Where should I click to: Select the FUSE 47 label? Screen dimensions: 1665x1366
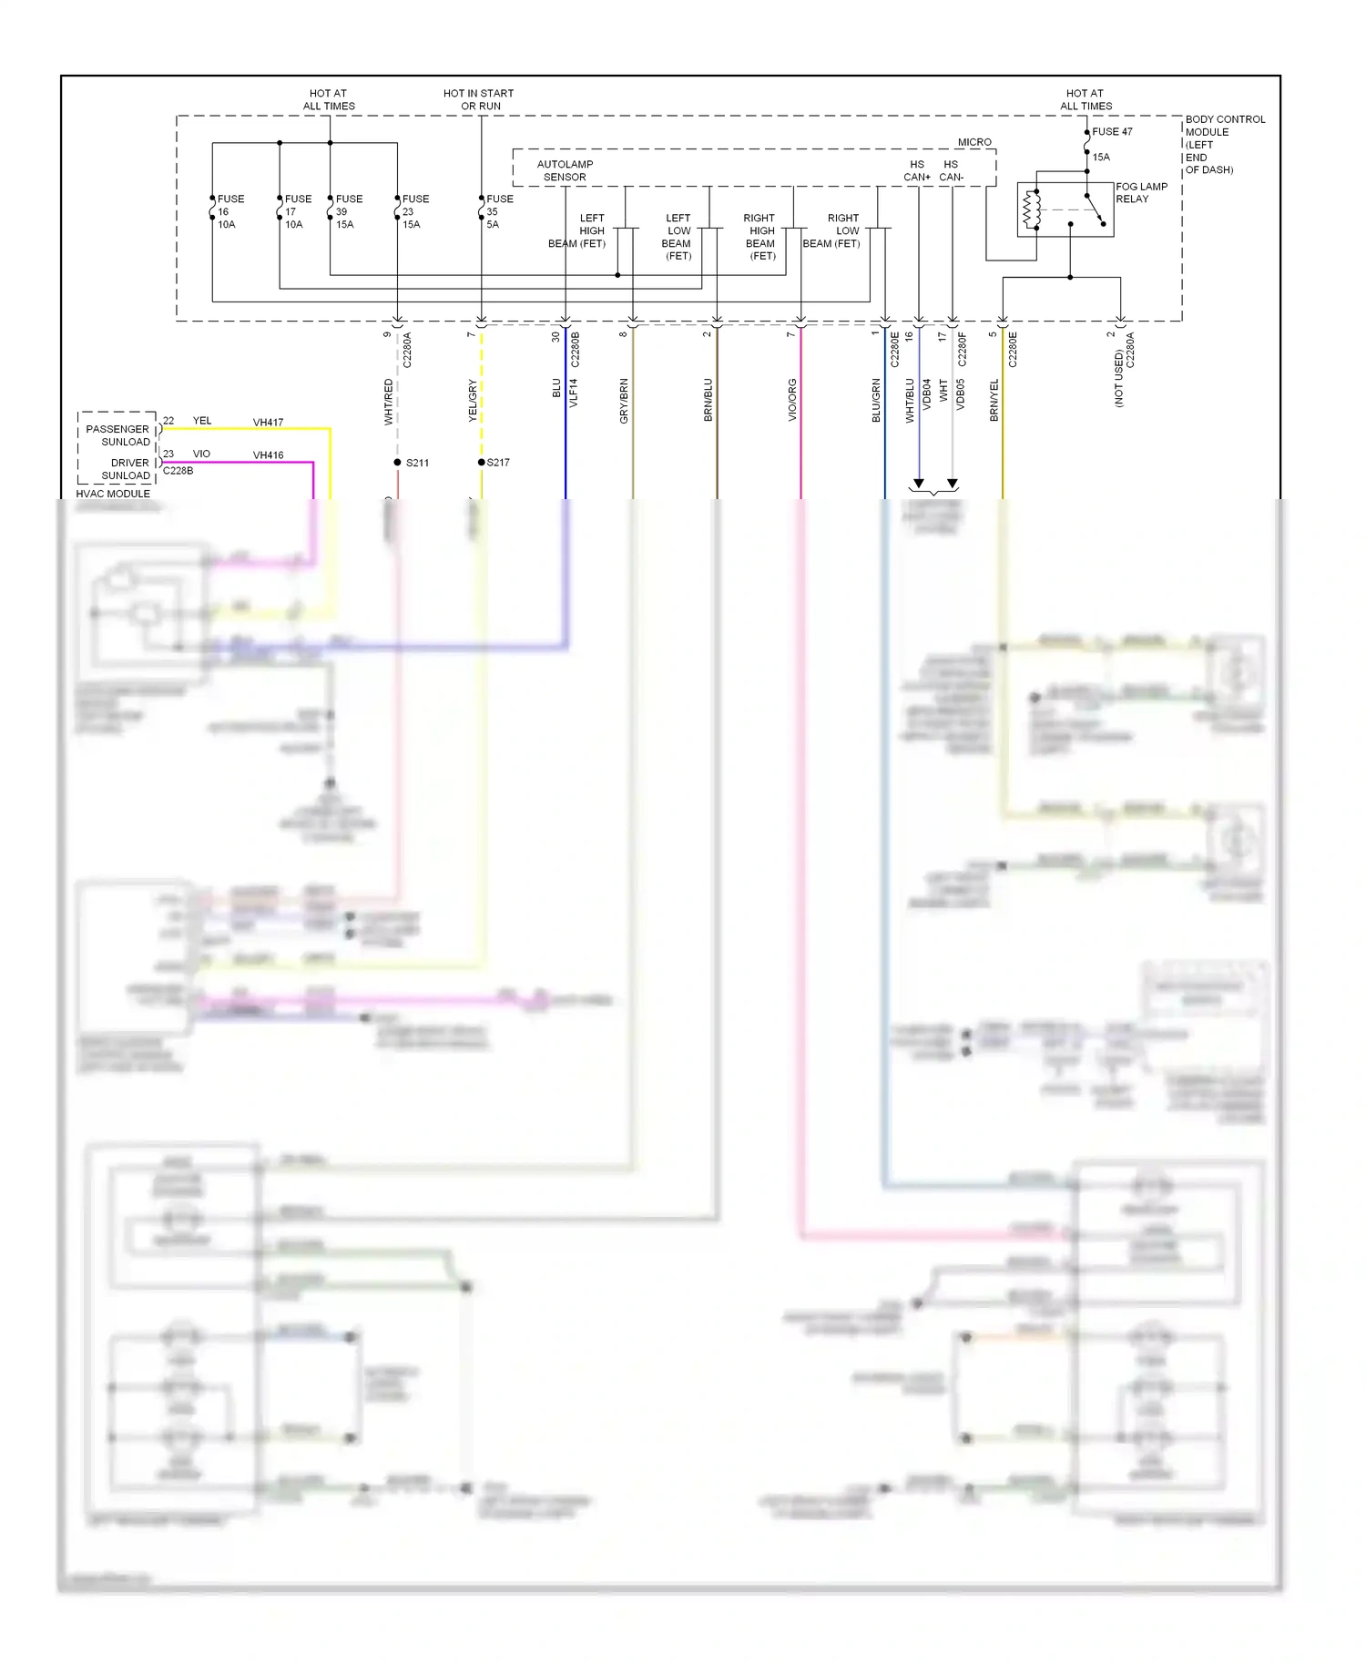pos(1112,132)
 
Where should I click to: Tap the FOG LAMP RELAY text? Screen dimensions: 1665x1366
pos(1140,192)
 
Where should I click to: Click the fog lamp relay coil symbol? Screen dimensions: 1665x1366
pos(1031,209)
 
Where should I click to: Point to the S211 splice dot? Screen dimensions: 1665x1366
pos(397,463)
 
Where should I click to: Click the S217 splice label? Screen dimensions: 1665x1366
pos(498,463)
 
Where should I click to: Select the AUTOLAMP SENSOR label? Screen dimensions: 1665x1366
pos(565,170)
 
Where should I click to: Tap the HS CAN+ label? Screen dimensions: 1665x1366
pos(917,170)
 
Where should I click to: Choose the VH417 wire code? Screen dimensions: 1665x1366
pos(268,423)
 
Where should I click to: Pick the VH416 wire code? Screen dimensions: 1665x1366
pos(268,455)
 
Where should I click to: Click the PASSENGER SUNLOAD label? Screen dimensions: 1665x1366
pos(118,435)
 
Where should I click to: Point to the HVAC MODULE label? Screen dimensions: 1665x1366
pos(113,494)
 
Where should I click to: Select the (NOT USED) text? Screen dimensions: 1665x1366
pos(1119,378)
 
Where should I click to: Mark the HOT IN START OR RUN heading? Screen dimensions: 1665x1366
pos(478,99)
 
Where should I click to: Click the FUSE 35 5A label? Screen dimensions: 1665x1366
pos(498,211)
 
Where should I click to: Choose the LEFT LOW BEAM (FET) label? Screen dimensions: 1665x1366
pos(678,237)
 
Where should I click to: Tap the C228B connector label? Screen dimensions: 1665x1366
pos(178,471)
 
